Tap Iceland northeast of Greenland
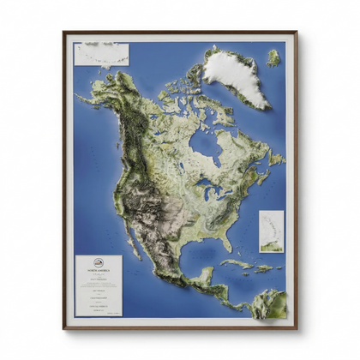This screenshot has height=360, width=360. point(273,58)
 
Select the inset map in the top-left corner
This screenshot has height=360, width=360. point(101,54)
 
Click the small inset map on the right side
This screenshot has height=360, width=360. point(272,231)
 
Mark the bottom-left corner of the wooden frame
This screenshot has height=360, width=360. point(64,327)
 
